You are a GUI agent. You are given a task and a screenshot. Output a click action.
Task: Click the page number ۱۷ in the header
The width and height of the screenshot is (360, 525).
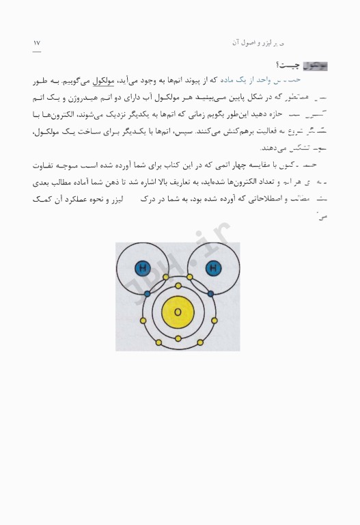point(37,43)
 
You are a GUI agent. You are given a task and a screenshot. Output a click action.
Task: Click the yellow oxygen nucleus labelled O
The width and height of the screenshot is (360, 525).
point(178,311)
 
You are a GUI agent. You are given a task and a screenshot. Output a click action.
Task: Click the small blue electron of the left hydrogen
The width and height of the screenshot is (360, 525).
point(146,295)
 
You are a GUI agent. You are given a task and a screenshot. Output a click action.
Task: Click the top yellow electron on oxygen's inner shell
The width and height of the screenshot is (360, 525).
point(178,285)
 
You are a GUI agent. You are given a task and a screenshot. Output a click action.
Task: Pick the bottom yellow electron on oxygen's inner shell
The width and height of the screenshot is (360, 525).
point(178,338)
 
